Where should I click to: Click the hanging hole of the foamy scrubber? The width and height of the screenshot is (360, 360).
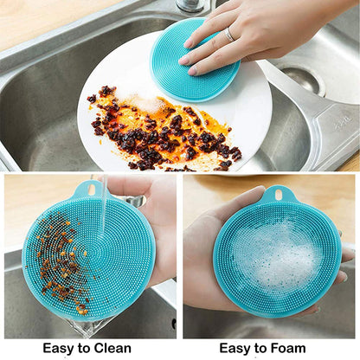tap(278, 194)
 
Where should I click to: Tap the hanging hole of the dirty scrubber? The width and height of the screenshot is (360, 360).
tap(91, 189)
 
